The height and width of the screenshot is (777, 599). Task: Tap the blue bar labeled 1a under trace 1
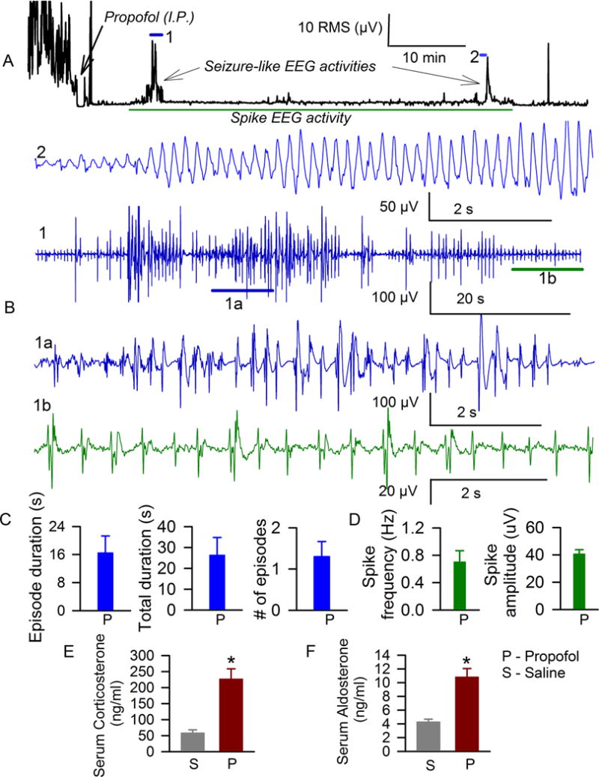click(x=243, y=289)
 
